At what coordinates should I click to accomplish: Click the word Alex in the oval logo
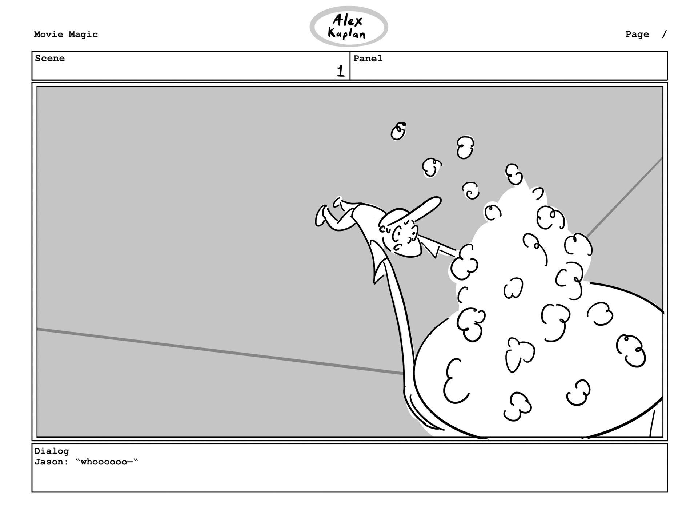(x=348, y=21)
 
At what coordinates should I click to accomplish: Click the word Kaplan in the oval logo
(x=346, y=34)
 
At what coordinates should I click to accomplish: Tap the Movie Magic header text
(x=66, y=35)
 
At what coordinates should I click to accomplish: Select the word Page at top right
(x=637, y=35)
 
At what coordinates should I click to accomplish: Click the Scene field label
(x=50, y=59)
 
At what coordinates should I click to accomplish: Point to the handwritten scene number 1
(x=340, y=71)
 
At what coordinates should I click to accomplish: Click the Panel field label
(x=368, y=59)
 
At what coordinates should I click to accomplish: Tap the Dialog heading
(x=52, y=451)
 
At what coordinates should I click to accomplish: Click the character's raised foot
(x=321, y=216)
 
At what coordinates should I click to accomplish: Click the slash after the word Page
(x=665, y=35)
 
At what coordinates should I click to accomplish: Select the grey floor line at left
(x=218, y=351)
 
